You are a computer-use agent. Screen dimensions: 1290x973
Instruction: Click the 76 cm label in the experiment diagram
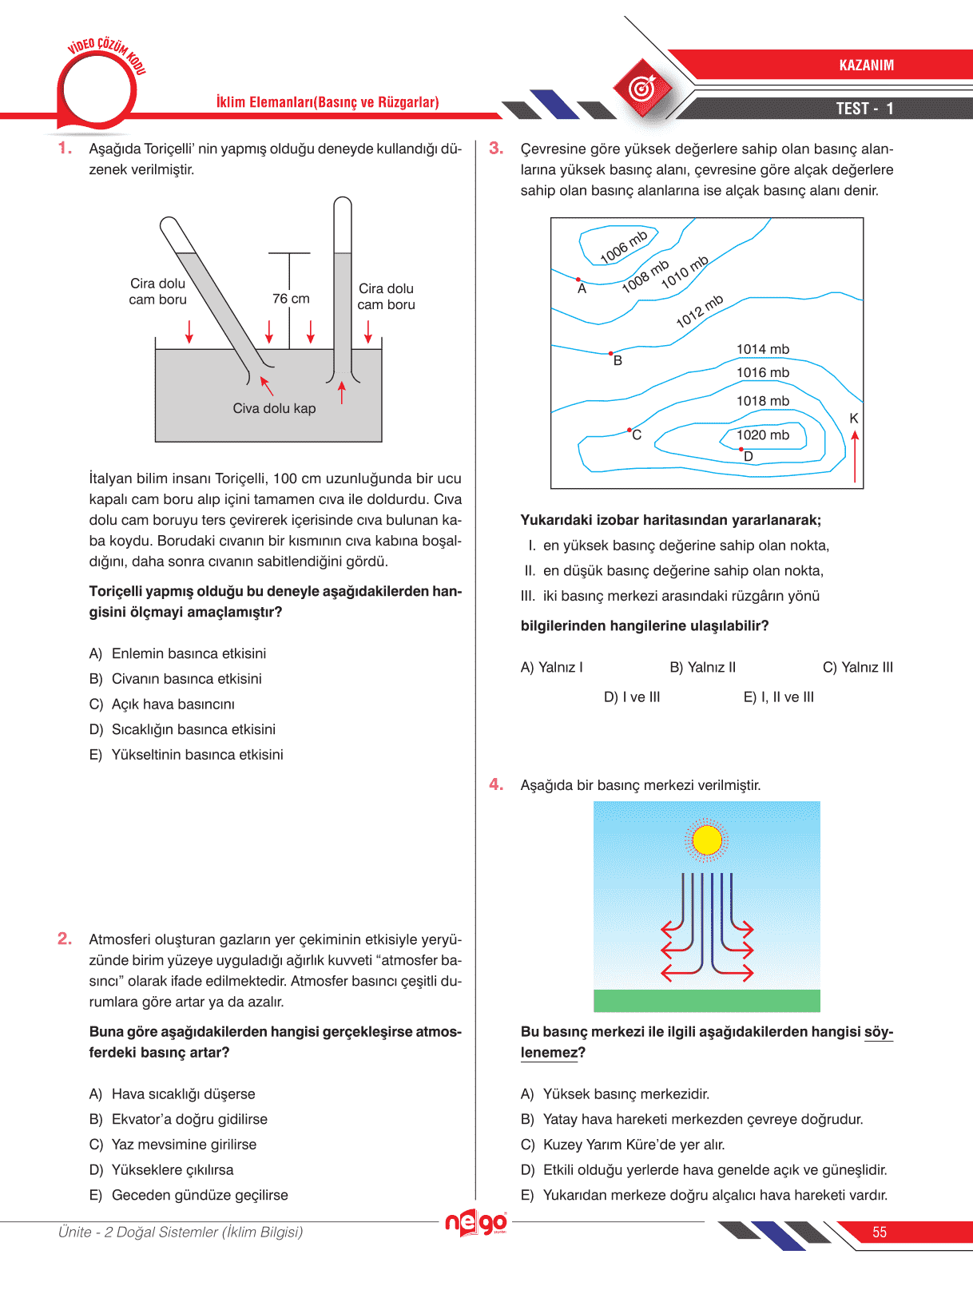(291, 299)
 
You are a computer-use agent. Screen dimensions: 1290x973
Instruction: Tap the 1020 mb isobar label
(762, 435)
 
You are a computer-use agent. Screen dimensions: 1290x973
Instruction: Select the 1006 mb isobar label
(624, 247)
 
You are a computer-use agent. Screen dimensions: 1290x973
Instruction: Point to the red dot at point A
(578, 279)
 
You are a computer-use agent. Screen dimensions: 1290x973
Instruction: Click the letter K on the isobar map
(854, 419)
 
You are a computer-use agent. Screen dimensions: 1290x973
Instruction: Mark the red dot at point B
(611, 353)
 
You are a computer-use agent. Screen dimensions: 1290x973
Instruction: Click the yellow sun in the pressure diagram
(707, 840)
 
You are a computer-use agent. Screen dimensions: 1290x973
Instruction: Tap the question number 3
(496, 149)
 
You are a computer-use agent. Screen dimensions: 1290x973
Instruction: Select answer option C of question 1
(162, 705)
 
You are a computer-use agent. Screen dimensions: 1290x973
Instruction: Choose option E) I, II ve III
(779, 697)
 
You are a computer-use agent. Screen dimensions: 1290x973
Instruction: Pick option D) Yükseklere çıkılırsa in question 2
(161, 1170)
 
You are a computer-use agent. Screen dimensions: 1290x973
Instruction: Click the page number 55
(880, 1232)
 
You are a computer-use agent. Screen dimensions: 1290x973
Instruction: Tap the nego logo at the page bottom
(476, 1222)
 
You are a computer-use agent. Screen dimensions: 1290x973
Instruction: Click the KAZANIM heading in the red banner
(866, 65)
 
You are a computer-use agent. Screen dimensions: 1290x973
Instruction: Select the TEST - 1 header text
(864, 109)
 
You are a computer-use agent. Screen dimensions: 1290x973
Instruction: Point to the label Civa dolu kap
(274, 409)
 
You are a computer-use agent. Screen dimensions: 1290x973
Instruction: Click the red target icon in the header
(643, 89)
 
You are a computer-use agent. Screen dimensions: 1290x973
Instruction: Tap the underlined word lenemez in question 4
(549, 1053)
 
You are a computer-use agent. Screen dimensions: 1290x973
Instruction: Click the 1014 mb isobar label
(762, 350)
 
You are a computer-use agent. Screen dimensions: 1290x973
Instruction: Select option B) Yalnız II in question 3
(703, 668)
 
